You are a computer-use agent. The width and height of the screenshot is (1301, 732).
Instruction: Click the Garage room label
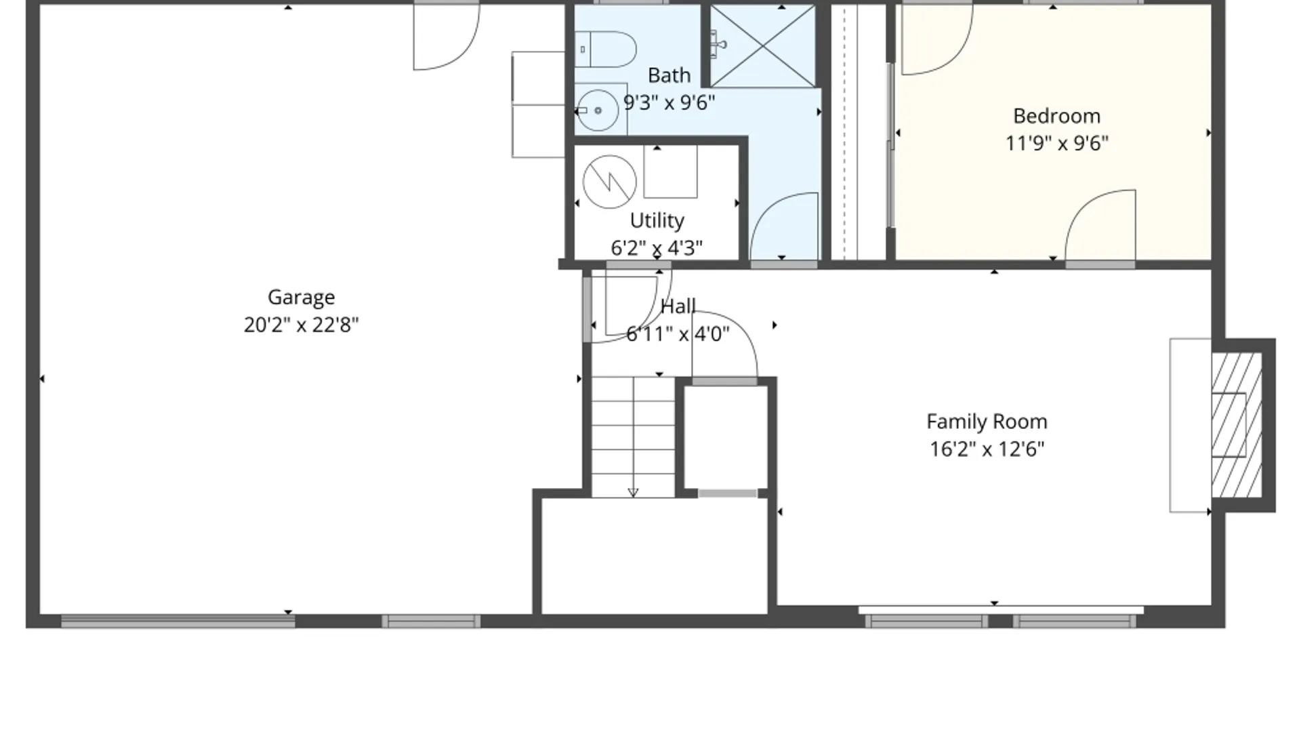coord(301,297)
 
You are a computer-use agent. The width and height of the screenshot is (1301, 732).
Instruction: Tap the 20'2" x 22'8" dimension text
coord(301,325)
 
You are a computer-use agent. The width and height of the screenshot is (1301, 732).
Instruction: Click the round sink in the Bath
coord(597,110)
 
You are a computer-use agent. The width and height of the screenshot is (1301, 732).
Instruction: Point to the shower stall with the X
coord(763,46)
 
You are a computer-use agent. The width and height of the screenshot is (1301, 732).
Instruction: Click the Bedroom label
coord(1056,116)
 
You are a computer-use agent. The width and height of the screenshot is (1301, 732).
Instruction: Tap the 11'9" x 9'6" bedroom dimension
coord(1056,144)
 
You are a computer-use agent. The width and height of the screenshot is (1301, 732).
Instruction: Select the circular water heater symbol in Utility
coord(609,182)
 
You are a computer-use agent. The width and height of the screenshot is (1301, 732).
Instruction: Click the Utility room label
coord(657,220)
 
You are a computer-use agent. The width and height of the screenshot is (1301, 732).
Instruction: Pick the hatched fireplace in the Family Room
coord(1236,425)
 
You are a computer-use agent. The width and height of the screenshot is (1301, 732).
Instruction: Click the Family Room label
coord(987,422)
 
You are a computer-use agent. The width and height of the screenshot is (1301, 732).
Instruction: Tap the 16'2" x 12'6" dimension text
coord(987,449)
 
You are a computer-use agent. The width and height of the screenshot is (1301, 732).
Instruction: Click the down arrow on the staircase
coord(633,492)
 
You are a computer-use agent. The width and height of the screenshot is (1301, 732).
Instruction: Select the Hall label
coord(678,306)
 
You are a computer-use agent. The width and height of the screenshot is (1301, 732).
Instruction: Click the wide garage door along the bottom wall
coord(178,621)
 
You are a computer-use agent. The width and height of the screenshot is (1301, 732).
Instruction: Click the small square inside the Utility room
coord(670,171)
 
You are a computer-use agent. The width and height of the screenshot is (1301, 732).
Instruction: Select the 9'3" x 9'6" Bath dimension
coord(669,103)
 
